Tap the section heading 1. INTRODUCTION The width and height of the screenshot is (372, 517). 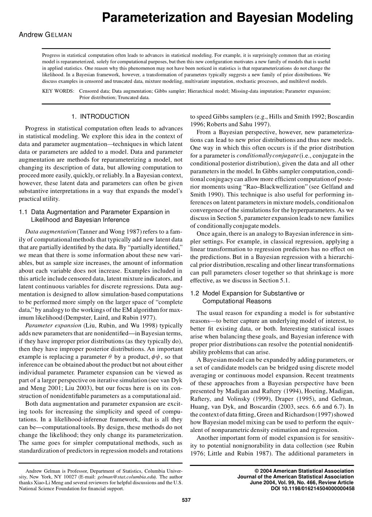(x=101, y=117)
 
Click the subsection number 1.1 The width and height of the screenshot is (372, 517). (x=23, y=212)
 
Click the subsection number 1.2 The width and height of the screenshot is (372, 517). (x=195, y=293)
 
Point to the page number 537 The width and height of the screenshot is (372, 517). (x=186, y=500)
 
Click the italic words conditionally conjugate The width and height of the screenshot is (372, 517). (x=267, y=156)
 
